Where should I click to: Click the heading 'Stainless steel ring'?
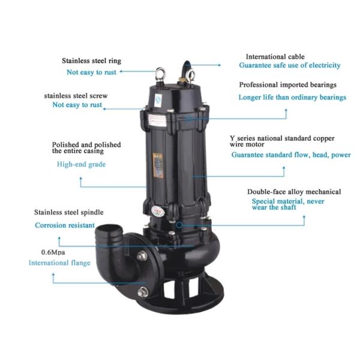[91, 61]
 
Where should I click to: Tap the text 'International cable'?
[275, 57]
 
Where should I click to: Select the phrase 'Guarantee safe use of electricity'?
[290, 65]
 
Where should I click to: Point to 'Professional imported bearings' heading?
[287, 85]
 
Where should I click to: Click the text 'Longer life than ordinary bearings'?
[292, 97]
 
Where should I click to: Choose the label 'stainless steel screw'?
[76, 96]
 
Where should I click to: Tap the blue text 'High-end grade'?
[81, 164]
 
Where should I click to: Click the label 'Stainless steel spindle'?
[68, 212]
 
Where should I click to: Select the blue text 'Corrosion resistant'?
[65, 225]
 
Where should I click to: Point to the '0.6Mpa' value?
[53, 253]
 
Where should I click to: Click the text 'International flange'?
[59, 263]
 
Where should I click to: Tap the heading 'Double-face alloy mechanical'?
[294, 192]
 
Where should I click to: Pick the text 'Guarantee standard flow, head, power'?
[291, 155]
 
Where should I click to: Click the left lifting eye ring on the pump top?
[160, 74]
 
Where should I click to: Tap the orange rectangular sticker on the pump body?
[158, 166]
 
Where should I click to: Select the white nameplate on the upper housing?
[157, 120]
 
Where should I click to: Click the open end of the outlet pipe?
[109, 230]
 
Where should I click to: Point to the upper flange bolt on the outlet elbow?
[142, 256]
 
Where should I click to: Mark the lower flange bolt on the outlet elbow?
[143, 292]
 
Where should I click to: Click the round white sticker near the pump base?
[158, 211]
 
